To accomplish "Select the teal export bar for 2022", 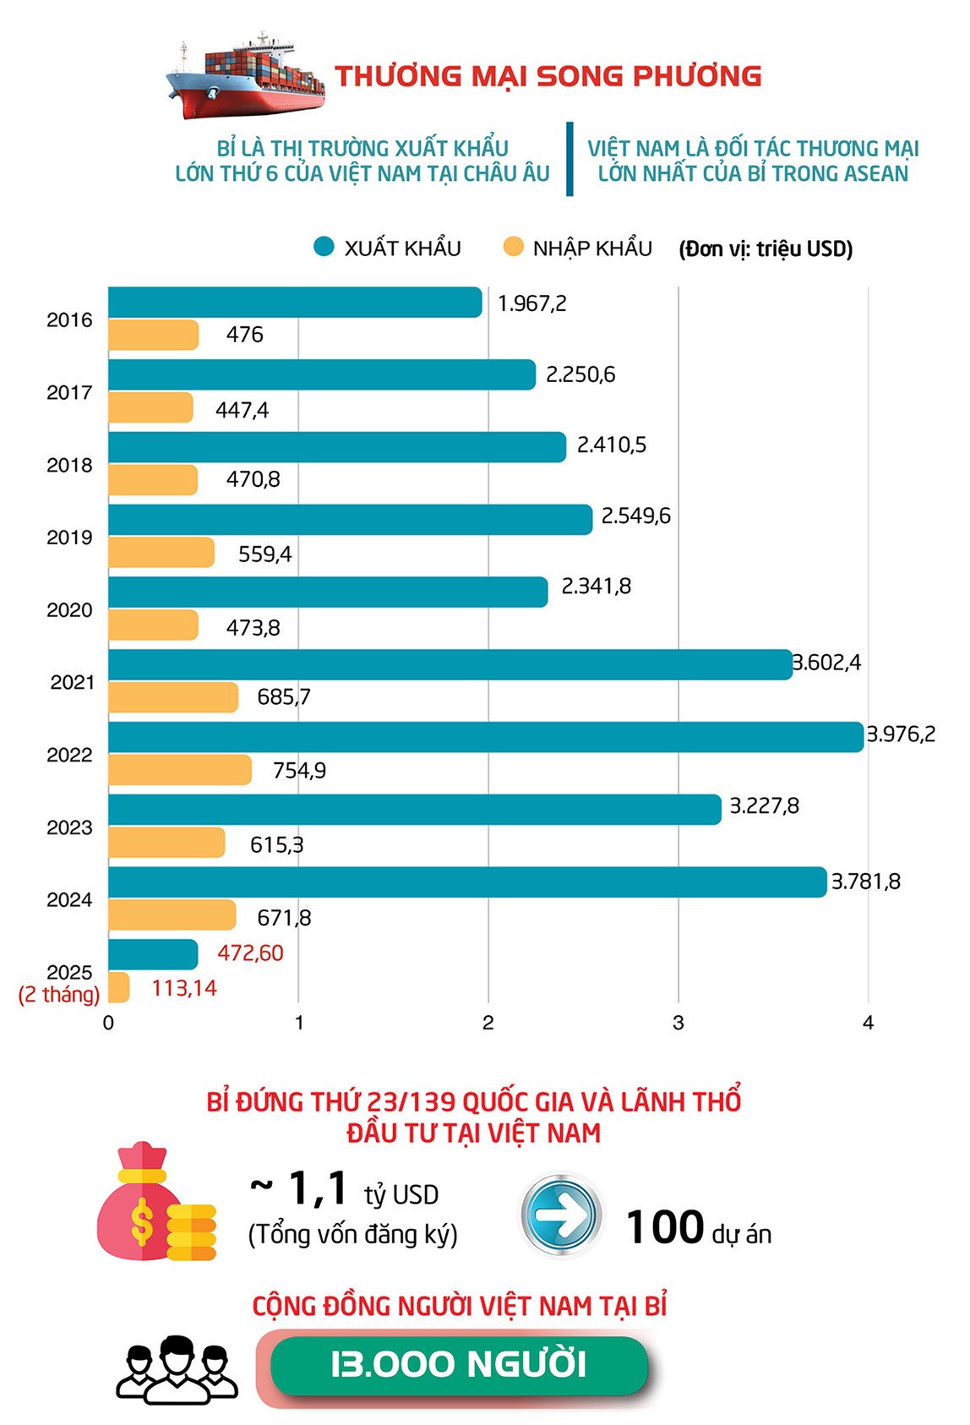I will click(x=486, y=737).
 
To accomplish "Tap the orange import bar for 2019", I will click(x=161, y=553).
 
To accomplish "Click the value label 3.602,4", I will click(x=826, y=663).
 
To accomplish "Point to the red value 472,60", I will click(x=250, y=953).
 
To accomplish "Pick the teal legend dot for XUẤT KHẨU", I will click(x=324, y=247).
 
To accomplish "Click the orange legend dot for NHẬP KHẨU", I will click(x=513, y=247).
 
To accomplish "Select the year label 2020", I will click(x=69, y=610).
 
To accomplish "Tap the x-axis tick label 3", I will click(x=678, y=1023).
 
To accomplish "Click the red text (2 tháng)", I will click(x=59, y=995).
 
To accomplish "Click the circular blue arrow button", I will click(x=560, y=1215).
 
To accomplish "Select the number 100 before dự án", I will click(x=665, y=1227).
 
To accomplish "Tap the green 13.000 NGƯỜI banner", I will click(x=459, y=1364).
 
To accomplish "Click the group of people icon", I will click(x=177, y=1369).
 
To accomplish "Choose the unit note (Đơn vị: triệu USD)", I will click(x=766, y=248).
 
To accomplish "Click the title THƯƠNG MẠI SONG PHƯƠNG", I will click(x=548, y=76).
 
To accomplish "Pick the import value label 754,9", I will click(x=299, y=771).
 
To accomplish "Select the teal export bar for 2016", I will click(x=295, y=303).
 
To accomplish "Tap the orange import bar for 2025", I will click(x=119, y=987).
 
